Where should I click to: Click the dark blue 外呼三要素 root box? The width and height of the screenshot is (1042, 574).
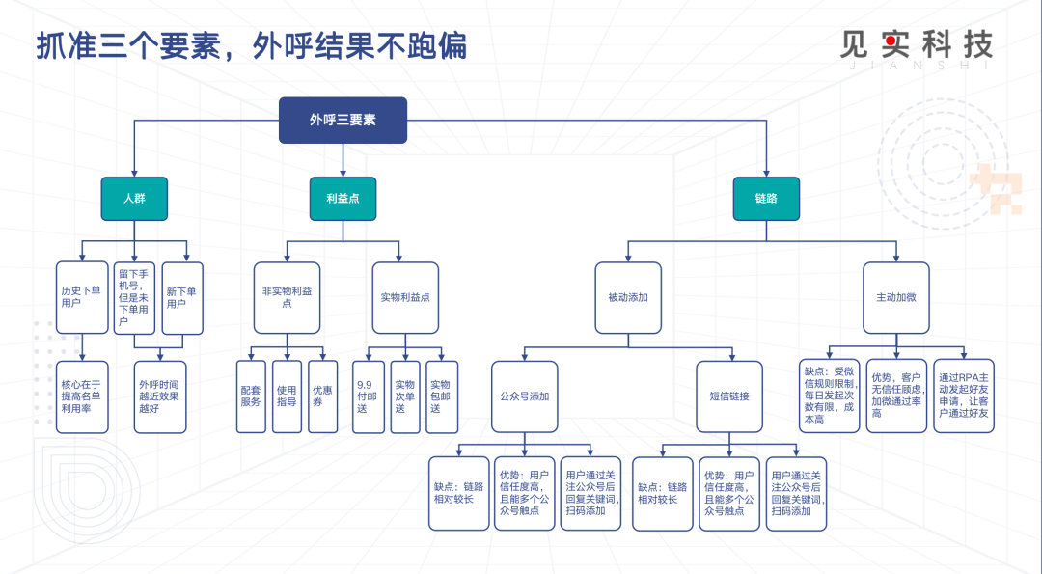(x=343, y=121)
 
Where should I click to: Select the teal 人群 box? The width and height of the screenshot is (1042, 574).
(x=134, y=199)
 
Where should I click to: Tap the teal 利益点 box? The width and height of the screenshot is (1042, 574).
(x=343, y=199)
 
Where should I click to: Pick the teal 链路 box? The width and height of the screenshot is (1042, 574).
(x=766, y=199)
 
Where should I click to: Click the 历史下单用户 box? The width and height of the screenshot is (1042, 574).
(x=82, y=298)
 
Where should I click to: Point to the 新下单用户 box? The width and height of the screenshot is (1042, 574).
(x=182, y=298)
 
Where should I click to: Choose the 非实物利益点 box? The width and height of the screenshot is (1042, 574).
(x=288, y=298)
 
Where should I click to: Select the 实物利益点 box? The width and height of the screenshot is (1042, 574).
(x=405, y=298)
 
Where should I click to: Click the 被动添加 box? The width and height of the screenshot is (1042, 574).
(x=628, y=298)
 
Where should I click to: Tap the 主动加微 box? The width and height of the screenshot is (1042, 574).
(x=895, y=298)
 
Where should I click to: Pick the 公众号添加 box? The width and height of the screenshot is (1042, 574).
(x=524, y=396)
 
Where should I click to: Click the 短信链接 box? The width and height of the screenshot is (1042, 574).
(x=729, y=396)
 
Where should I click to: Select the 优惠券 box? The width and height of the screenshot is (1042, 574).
(x=323, y=396)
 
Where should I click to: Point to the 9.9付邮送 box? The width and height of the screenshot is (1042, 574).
(x=369, y=396)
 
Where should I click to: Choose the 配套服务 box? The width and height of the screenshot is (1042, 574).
(x=251, y=396)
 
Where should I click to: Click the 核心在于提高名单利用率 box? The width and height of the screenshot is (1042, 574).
(x=82, y=396)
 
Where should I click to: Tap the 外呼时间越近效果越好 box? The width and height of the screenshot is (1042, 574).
(x=160, y=396)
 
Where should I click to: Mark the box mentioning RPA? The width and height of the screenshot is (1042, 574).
(x=964, y=396)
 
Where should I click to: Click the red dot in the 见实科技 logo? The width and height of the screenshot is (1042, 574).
(x=891, y=41)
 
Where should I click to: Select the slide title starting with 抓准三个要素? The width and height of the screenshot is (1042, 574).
(x=252, y=46)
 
